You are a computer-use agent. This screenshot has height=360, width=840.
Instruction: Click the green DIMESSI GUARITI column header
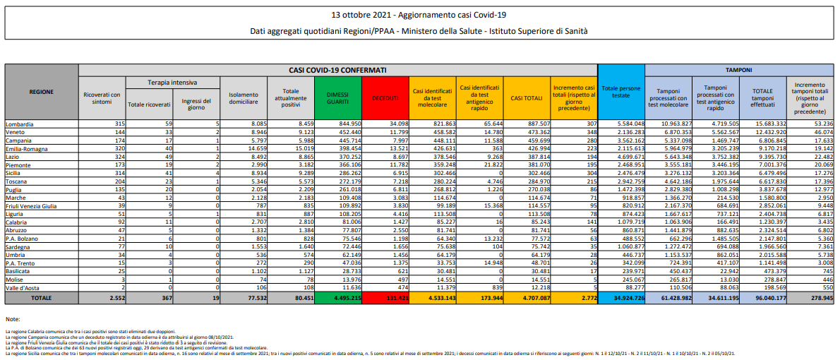click(x=337, y=97)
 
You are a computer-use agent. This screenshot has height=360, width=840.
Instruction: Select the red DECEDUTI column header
click(x=385, y=97)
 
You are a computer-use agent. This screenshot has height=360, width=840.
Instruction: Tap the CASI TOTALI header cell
click(x=527, y=97)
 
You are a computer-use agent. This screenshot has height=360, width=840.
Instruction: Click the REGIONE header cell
click(x=42, y=92)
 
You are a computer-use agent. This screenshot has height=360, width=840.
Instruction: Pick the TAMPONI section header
click(x=739, y=71)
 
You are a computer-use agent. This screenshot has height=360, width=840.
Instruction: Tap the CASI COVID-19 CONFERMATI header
click(x=337, y=71)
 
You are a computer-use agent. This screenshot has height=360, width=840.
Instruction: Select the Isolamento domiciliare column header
click(x=243, y=97)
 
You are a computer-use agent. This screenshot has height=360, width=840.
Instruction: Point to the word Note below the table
click(x=12, y=320)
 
